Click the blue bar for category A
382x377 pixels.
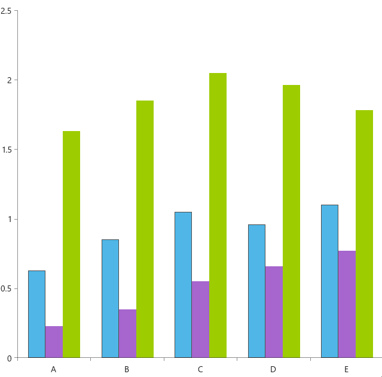[36, 314]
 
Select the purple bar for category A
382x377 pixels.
[54, 342]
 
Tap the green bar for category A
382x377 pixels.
[71, 244]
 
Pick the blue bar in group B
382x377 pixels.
[110, 299]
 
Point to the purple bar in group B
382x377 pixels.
[127, 333]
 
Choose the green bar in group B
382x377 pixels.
[145, 229]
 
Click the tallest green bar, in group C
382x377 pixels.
[218, 215]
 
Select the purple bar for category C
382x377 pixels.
[200, 320]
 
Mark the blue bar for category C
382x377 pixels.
[183, 285]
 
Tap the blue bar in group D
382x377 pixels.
[256, 291]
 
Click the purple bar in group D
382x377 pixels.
[274, 312]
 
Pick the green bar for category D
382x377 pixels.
[291, 221]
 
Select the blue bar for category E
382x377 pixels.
[329, 281]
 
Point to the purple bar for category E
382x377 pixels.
[347, 304]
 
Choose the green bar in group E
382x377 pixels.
[364, 234]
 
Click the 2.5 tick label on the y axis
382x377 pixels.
[6, 11]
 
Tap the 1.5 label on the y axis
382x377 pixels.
[6, 150]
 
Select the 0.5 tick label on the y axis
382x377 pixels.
[6, 288]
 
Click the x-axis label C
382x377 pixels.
[200, 369]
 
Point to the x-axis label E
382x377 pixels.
[347, 369]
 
